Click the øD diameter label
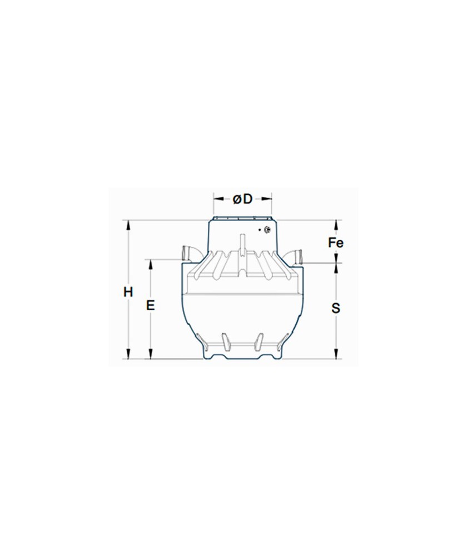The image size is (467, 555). pos(242,199)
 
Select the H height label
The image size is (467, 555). pos(128,292)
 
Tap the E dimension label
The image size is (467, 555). pos(151,305)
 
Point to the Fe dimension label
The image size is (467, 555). pos(335,243)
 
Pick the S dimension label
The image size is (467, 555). pos(335,308)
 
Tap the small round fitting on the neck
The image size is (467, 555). pos(267,230)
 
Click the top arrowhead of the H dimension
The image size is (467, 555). pos(128,224)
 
